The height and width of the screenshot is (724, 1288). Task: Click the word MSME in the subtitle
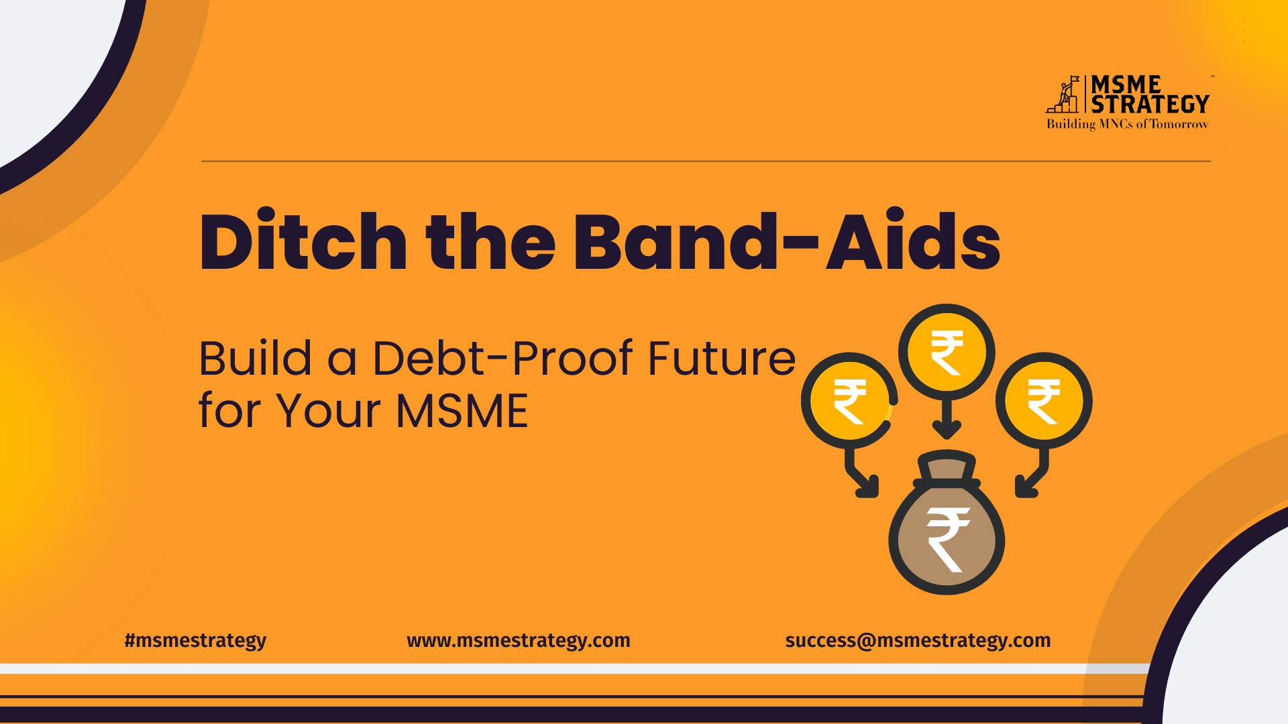coord(462,410)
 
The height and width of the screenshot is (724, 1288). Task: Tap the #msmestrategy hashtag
coord(195,641)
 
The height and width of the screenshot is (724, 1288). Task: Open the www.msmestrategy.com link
coord(519,641)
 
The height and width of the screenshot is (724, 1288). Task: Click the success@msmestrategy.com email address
coord(918,641)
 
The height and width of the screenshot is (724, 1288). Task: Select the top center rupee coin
coord(947,352)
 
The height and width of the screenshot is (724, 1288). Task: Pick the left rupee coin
coord(849,401)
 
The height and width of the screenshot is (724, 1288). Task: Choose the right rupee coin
coord(1044,401)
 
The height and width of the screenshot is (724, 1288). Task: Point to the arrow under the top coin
coord(947,419)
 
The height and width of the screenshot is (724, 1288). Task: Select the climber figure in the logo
coord(1063,95)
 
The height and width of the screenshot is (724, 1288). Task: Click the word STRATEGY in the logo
coord(1150,105)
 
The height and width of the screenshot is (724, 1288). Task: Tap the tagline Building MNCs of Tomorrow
coord(1127,124)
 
